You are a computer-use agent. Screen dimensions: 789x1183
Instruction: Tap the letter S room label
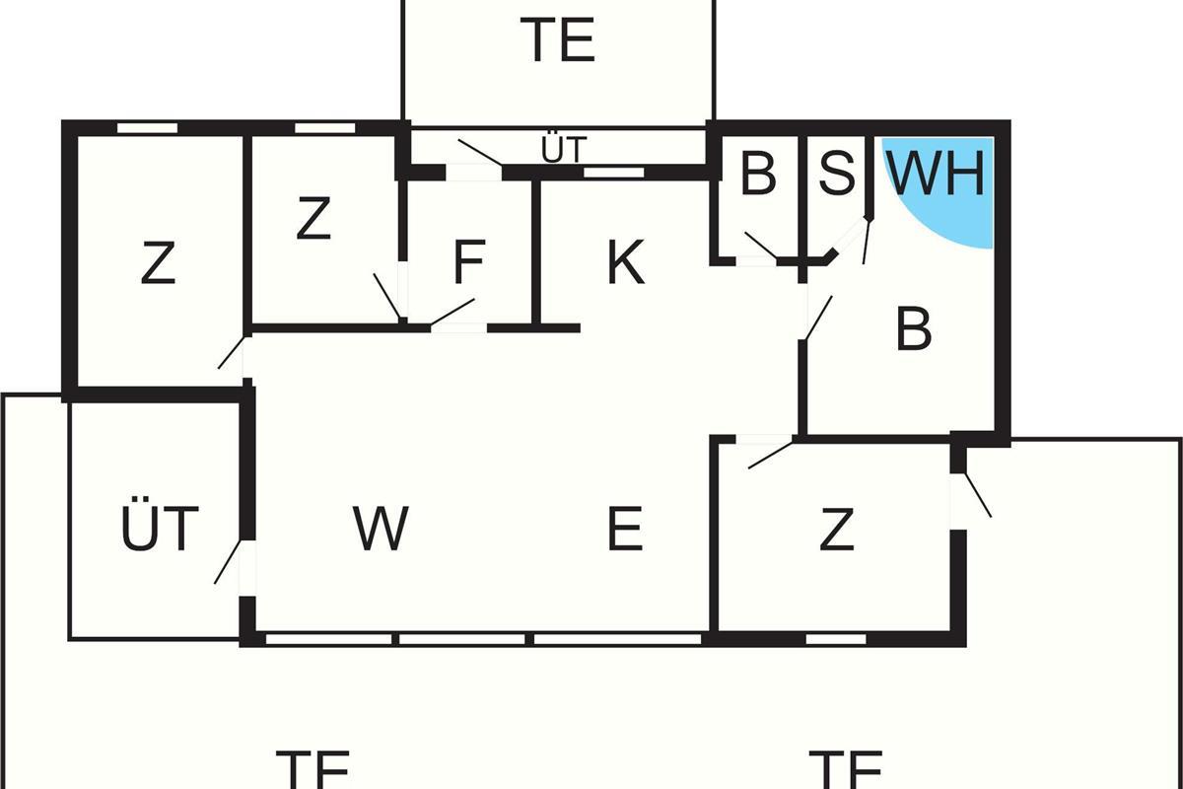pos(837,173)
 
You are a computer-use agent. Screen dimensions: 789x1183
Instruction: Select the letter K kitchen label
pos(625,263)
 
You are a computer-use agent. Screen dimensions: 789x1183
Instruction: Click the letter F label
pos(468,263)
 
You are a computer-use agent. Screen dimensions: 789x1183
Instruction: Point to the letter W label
pos(381,529)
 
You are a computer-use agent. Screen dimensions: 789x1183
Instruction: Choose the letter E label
pos(625,529)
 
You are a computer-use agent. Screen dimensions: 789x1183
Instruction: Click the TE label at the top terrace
pos(559,41)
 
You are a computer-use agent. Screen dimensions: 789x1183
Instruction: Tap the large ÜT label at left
pos(160,529)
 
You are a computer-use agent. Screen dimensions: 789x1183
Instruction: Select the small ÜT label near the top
pos(564,151)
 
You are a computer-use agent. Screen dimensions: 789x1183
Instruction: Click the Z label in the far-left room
pos(158,264)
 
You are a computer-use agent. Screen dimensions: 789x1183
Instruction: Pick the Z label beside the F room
pos(313,220)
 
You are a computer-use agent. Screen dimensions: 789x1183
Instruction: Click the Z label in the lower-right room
pos(836,530)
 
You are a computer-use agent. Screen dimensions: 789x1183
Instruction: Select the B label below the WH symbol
pos(914,330)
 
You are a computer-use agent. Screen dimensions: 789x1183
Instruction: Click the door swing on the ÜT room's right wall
pos(229,561)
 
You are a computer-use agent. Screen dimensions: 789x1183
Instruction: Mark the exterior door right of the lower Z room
pos(976,493)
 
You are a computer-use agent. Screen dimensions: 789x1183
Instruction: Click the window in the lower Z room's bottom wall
pos(836,639)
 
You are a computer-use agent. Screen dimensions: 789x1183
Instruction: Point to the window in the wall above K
pos(613,173)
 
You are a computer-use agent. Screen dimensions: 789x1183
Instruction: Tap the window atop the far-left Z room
pos(148,127)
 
